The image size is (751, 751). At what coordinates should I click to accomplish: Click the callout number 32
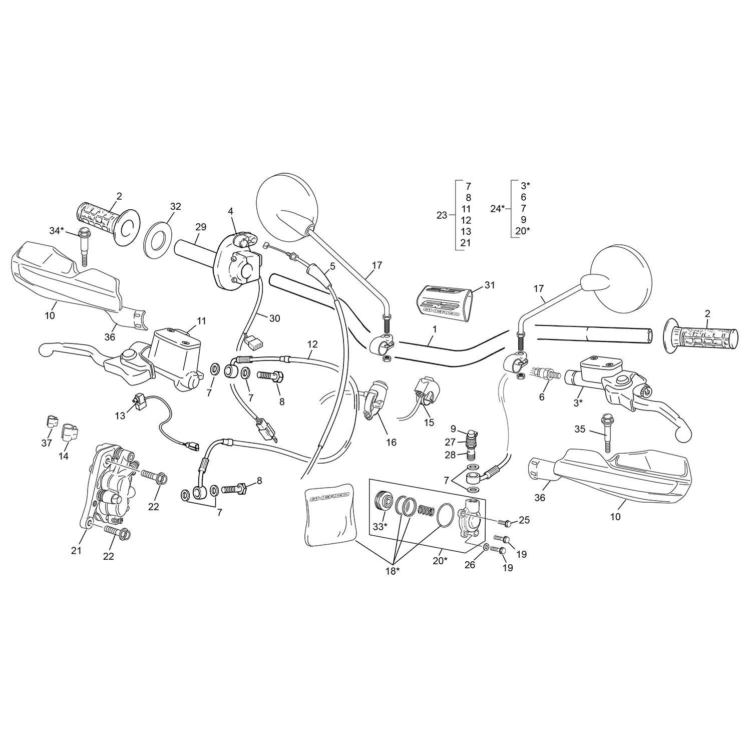click(x=175, y=206)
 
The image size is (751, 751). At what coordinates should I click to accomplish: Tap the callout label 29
click(x=201, y=227)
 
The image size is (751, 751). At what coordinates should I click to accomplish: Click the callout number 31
click(x=490, y=284)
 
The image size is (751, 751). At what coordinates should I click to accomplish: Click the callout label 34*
click(x=57, y=230)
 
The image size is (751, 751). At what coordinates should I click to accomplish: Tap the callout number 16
click(x=391, y=442)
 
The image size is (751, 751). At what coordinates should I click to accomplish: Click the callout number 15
click(x=429, y=422)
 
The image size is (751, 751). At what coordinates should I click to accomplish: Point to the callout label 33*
click(x=380, y=526)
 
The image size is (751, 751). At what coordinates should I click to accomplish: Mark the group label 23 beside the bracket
click(x=442, y=215)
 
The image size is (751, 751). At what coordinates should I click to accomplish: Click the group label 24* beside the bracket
click(x=497, y=208)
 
